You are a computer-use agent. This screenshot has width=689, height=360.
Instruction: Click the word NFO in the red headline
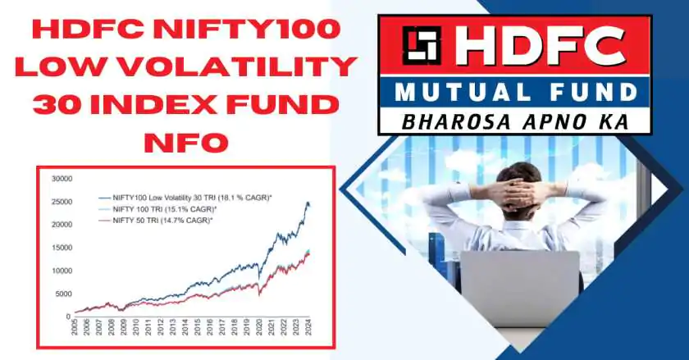(x=186, y=144)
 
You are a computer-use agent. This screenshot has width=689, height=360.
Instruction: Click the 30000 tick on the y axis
(x=62, y=179)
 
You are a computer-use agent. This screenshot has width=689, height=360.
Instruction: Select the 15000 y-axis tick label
(x=62, y=248)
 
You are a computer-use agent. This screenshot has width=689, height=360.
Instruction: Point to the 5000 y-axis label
(x=64, y=294)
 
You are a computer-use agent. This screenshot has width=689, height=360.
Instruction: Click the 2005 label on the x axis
(x=75, y=326)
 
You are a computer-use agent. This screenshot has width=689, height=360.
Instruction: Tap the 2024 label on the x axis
(x=308, y=326)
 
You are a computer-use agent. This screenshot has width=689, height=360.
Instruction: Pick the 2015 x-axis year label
(x=198, y=326)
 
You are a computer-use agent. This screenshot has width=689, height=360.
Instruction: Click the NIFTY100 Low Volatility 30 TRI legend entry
(x=186, y=198)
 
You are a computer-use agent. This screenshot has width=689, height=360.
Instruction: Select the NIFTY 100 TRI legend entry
(x=158, y=209)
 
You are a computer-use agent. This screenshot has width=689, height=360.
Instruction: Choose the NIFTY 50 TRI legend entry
(x=156, y=221)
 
